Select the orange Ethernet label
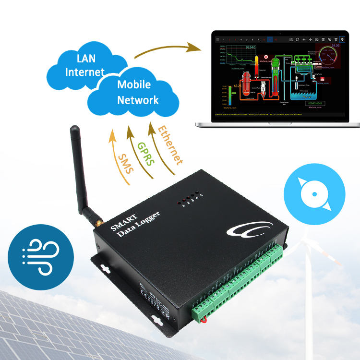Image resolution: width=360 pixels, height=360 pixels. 170,144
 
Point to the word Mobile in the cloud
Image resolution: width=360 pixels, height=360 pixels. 134,85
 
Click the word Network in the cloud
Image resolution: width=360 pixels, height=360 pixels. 138,100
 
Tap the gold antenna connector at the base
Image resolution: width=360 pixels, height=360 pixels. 97,223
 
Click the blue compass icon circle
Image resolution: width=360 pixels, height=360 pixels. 314,194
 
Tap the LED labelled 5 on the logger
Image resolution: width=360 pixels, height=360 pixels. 201,194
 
